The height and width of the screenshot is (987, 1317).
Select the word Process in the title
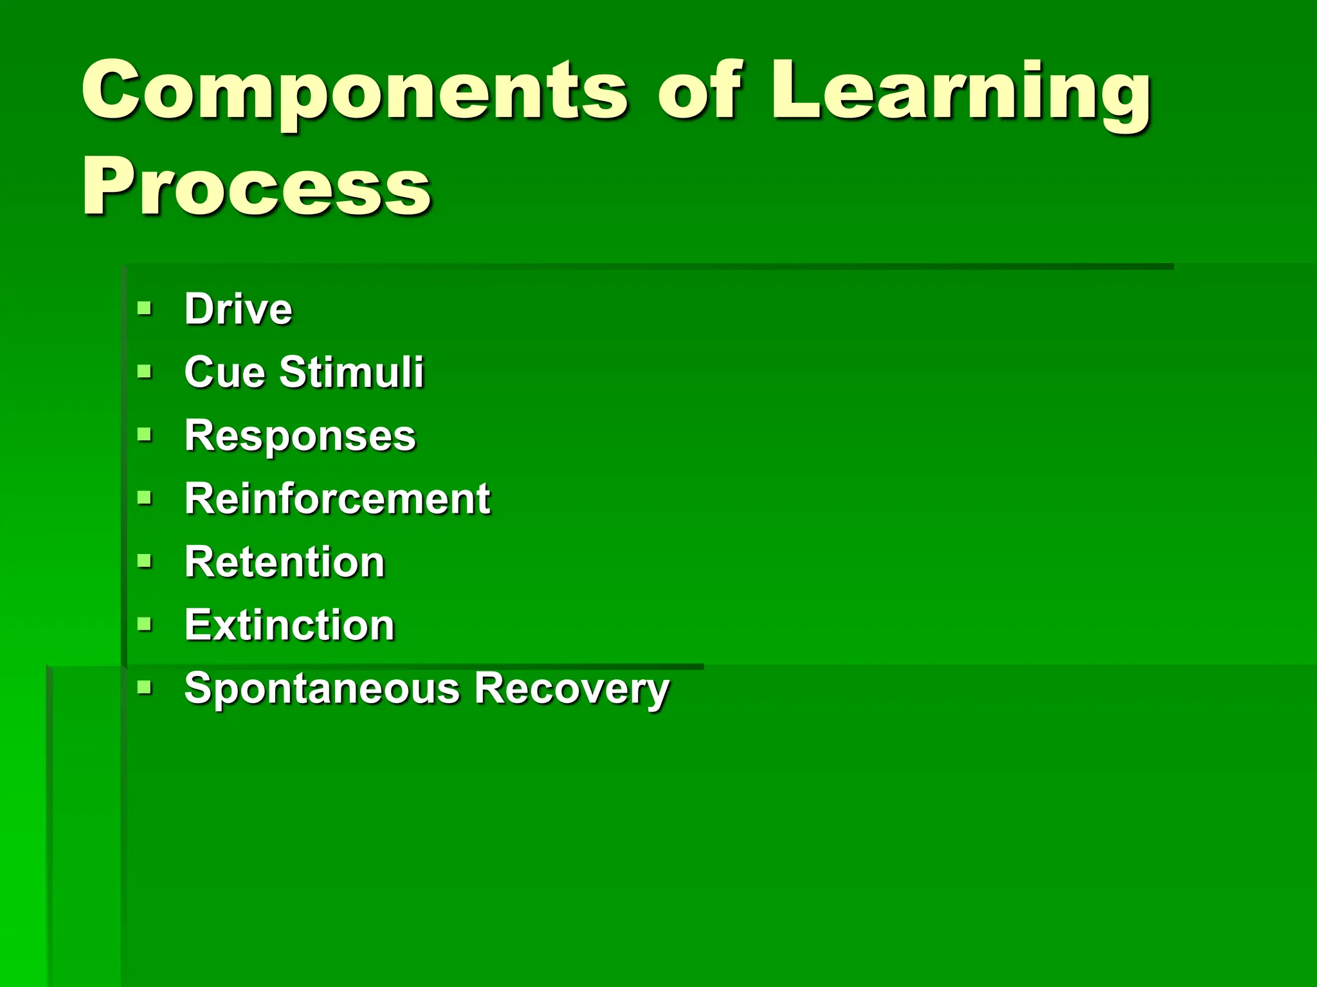click(256, 188)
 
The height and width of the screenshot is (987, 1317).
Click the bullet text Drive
click(238, 309)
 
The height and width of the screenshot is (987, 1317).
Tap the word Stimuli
click(351, 372)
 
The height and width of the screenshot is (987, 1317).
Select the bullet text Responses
click(300, 436)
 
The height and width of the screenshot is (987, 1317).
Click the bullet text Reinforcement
click(337, 499)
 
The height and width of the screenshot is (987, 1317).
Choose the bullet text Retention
click(284, 562)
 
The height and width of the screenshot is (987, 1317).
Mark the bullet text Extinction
click(289, 625)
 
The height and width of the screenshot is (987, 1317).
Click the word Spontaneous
click(322, 689)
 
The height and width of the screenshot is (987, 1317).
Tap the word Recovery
click(572, 689)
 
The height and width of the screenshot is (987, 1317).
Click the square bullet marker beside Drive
click(145, 308)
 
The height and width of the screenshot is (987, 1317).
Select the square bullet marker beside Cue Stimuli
click(145, 371)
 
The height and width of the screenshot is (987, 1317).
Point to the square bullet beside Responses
click(145, 434)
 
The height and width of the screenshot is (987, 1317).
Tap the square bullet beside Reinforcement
click(145, 497)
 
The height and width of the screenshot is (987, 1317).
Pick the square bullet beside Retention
click(145, 561)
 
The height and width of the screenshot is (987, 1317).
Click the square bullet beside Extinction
click(145, 624)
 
